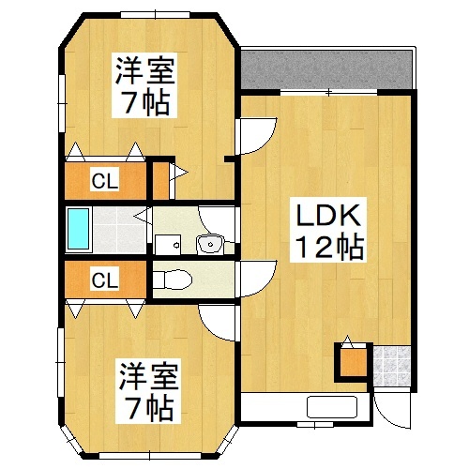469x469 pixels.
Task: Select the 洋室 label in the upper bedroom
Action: [144, 70]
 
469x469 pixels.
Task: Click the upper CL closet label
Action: [104, 182]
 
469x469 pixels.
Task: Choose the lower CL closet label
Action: [104, 280]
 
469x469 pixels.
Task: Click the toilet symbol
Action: [174, 280]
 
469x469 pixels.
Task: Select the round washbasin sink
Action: [210, 245]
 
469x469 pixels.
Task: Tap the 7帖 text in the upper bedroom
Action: [145, 101]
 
